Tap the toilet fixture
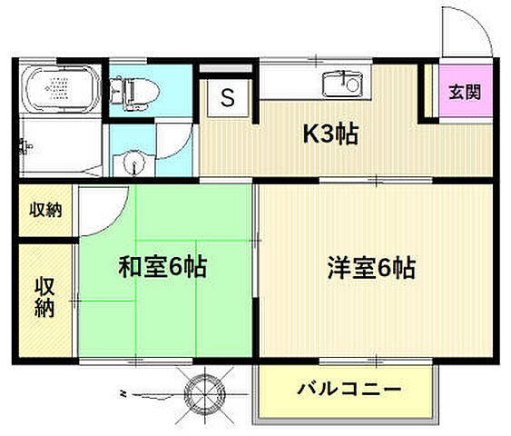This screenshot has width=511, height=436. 133,88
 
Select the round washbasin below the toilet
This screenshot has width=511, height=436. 133,163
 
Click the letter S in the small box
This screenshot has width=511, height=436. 228,97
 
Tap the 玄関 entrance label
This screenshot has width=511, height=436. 464,92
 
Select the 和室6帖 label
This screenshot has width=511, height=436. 163,267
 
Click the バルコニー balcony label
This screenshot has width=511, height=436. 349,391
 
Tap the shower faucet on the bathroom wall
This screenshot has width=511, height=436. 24,144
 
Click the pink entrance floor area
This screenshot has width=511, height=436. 464,104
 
